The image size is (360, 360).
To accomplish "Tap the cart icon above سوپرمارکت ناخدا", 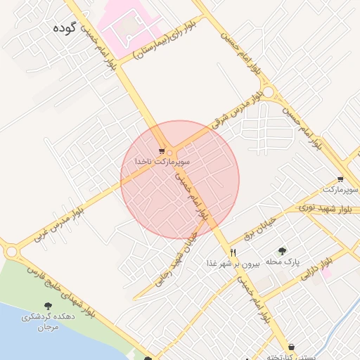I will pyautogui.click(x=162, y=151).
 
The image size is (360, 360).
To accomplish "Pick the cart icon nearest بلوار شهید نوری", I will pyautogui.click(x=340, y=179).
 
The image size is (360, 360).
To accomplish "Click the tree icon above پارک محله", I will pyautogui.click(x=282, y=250).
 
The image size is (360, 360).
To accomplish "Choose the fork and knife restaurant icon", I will pyautogui.click(x=233, y=252).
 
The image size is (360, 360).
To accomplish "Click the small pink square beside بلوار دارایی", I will pyautogui.click(x=327, y=273).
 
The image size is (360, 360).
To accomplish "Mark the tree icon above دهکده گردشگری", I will pyautogui.click(x=48, y=306).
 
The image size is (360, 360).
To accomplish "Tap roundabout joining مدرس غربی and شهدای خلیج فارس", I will pyautogui.click(x=11, y=251).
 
